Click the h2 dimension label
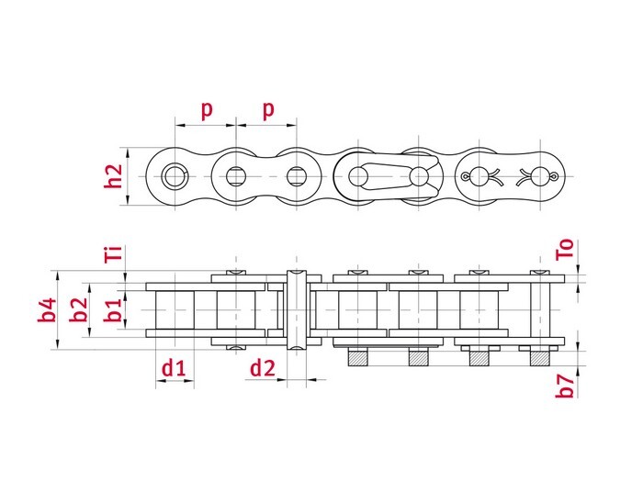coord(113,175)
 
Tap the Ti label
coord(113,253)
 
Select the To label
coord(566,250)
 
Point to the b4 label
coord(47,310)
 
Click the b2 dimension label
coord(80,310)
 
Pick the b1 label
coord(112,310)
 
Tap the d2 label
coord(262,368)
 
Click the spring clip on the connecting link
coord(386,175)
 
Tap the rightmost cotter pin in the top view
coord(539,175)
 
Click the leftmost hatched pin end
coord(356,357)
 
